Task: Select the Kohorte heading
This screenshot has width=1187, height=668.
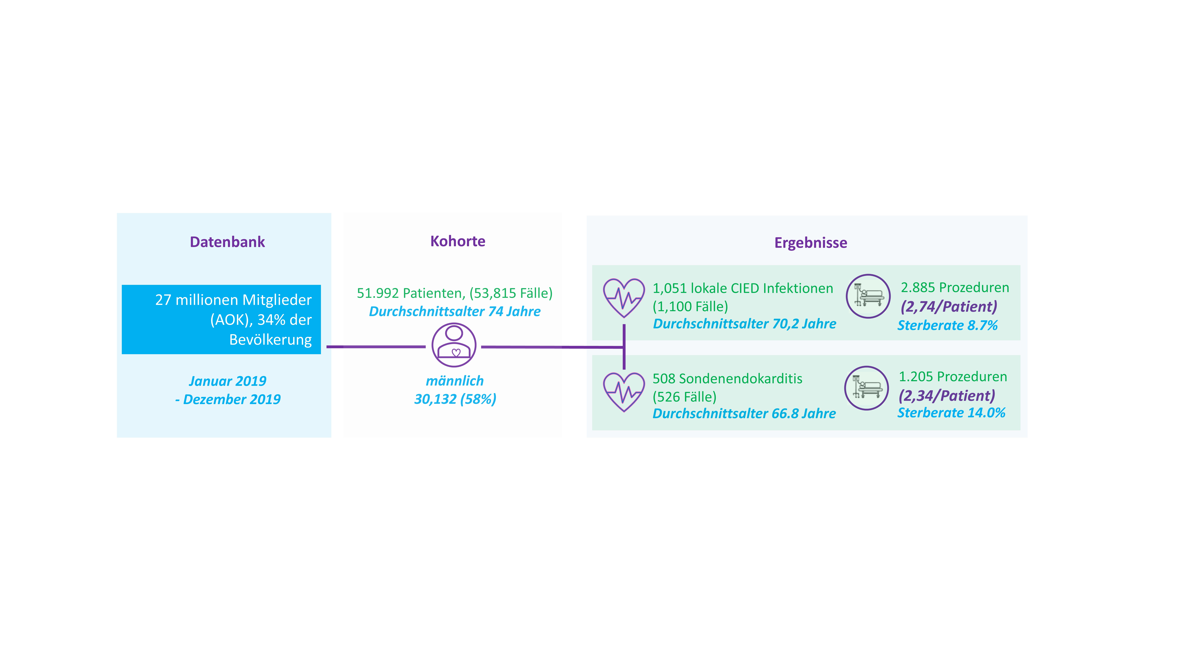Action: tap(458, 241)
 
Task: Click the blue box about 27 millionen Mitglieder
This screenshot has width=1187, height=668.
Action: tap(221, 319)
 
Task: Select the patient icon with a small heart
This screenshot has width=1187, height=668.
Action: tap(454, 345)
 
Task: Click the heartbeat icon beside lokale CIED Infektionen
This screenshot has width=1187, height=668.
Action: tap(624, 298)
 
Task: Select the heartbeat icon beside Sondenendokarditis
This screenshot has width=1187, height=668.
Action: tap(624, 392)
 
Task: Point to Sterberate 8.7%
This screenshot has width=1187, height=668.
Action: tap(947, 326)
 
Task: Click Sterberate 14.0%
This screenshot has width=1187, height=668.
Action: tap(951, 413)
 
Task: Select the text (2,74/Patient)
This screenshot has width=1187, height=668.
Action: tap(949, 307)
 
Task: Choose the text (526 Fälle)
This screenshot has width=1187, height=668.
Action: tap(684, 397)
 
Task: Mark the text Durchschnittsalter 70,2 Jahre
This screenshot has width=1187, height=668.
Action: tap(744, 324)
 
